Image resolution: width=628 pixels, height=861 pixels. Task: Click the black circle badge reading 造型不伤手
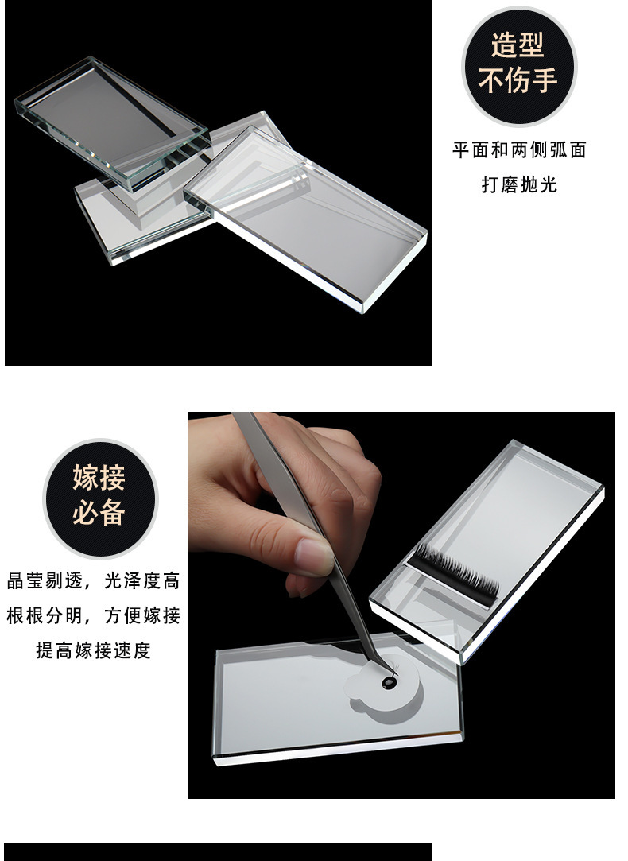pos(519,66)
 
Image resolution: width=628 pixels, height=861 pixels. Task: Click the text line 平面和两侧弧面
pos(519,150)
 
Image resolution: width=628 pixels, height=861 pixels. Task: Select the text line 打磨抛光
pos(519,184)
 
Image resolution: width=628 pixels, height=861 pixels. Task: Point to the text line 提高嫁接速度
pos(93,650)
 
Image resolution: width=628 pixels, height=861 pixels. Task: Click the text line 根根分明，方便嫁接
pos(93,615)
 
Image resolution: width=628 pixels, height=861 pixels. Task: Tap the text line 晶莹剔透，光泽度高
pos(93,580)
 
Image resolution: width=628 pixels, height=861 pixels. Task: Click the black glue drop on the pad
pos(389,682)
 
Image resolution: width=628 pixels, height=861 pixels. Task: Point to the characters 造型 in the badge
pos(518,45)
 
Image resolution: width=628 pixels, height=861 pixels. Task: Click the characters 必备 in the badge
pos(99,513)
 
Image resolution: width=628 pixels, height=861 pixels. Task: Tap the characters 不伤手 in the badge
pos(518,80)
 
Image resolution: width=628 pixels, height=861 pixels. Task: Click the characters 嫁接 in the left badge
pos(99,477)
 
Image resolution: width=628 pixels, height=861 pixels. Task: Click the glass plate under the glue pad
pos(338,700)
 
